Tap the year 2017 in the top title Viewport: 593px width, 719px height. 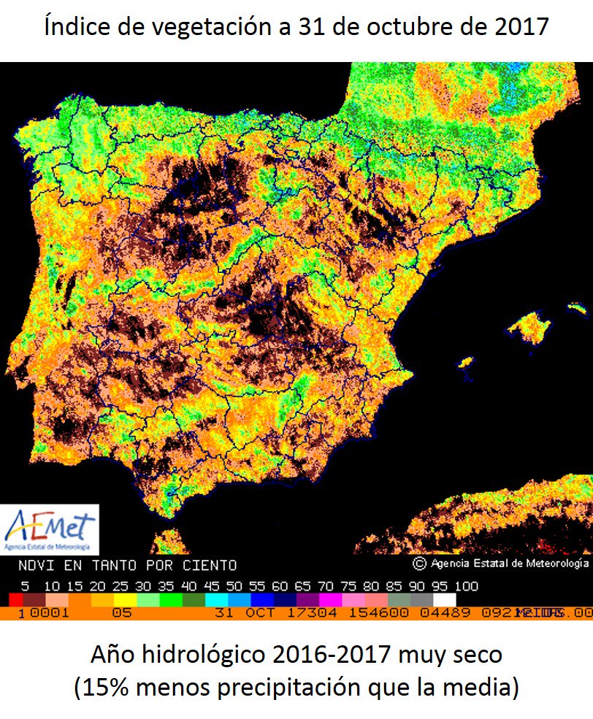[521, 28]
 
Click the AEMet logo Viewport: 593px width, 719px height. [50, 528]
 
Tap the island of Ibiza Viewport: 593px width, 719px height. [464, 362]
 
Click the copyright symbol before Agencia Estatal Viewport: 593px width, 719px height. [418, 564]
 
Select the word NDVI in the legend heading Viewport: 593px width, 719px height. [34, 565]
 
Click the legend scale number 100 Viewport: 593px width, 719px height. [465, 586]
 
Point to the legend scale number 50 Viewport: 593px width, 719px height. [235, 586]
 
